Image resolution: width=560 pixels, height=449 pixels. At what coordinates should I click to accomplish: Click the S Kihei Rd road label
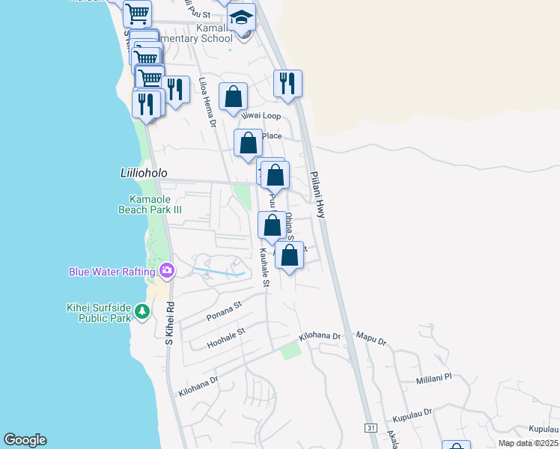point(169,322)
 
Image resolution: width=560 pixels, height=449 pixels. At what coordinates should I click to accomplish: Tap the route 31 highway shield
point(371,427)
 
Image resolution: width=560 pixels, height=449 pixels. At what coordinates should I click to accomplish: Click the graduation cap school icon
point(241,17)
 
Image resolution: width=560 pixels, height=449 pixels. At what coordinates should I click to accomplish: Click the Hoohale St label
point(227,337)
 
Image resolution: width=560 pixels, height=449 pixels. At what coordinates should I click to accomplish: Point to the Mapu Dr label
point(371,340)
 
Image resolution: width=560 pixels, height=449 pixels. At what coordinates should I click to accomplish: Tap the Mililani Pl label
point(434,379)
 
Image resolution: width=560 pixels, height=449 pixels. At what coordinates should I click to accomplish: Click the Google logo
point(25,440)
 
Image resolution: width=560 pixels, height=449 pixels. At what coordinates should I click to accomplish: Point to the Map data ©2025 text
point(528,443)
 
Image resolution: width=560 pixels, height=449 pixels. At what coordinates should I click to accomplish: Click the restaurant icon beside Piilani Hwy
point(287,83)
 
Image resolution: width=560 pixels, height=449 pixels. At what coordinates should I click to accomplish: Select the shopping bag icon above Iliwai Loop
point(234,97)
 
